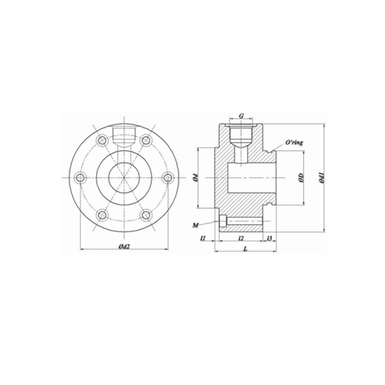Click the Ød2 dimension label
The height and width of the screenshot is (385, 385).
coord(124,246)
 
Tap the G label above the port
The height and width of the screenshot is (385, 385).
coord(242,115)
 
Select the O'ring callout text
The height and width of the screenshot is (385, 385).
coord(294,142)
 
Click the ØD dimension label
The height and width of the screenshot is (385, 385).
coord(301,177)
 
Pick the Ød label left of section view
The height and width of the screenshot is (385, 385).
coord(196,178)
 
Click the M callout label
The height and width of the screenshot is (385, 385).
coord(196,225)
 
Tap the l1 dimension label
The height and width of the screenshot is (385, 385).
coord(203,238)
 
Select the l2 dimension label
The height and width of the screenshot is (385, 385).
coord(241,238)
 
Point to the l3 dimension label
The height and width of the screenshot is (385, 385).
coord(269,238)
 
